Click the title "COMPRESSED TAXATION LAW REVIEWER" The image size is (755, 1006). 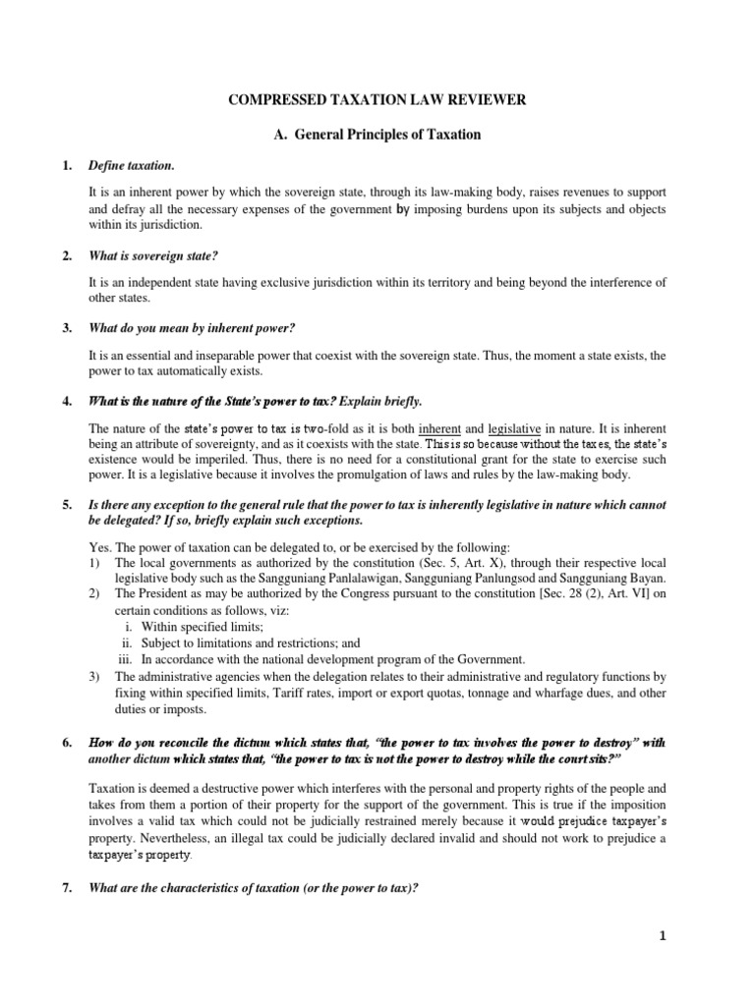377,100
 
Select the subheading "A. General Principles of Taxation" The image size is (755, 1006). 377,135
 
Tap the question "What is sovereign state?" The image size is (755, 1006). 152,255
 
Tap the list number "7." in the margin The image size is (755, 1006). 67,888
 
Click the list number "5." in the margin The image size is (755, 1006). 67,505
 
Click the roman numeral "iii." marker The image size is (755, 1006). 125,658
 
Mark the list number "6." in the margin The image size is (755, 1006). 67,743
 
